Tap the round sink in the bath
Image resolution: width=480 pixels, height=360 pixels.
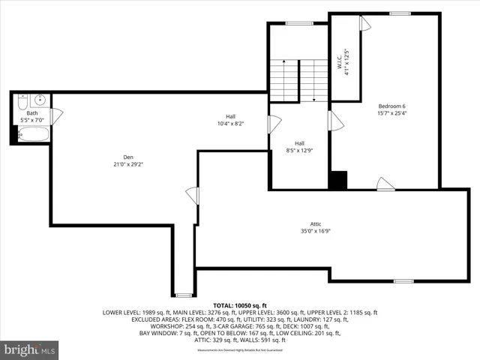tap(40, 100)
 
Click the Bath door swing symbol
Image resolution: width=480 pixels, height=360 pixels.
tap(56, 116)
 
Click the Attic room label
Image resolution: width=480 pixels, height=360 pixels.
tap(316, 224)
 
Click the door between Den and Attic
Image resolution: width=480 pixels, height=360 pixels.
tap(193, 196)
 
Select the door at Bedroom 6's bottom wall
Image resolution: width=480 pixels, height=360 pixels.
tap(385, 184)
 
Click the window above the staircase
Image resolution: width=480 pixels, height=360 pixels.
tap(299, 23)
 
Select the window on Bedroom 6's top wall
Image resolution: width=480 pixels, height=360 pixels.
tap(400, 13)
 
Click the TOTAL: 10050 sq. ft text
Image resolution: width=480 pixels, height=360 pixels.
tap(240, 305)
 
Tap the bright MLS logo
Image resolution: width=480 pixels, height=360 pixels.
tap(30, 349)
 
